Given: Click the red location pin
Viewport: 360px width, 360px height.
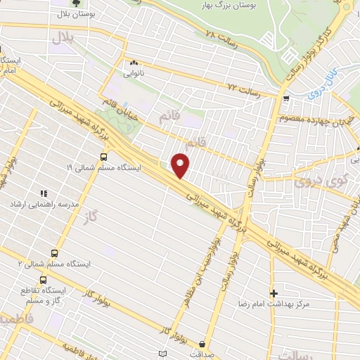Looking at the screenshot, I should pyautogui.click(x=181, y=165).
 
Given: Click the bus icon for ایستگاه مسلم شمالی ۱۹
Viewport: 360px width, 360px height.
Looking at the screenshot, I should pyautogui.click(x=104, y=157).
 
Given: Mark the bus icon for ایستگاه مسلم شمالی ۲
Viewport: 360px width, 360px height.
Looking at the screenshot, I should pyautogui.click(x=54, y=253).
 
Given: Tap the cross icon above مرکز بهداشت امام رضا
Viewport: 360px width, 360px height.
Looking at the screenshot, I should pyautogui.click(x=274, y=292).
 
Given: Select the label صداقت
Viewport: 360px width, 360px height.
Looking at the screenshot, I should pyautogui.click(x=203, y=355).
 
